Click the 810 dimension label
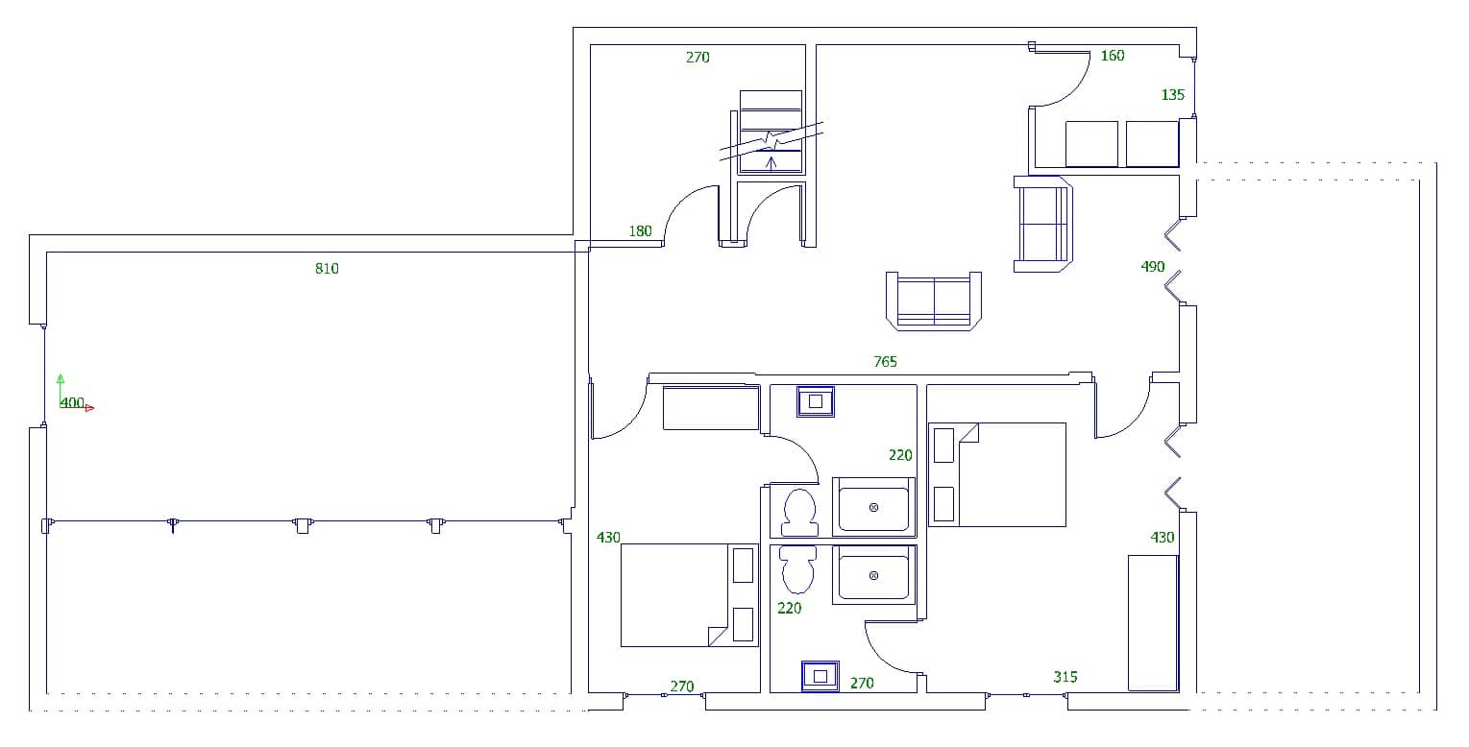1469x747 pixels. coord(327,269)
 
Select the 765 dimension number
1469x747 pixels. coord(885,362)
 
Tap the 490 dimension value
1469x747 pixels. coord(1153,267)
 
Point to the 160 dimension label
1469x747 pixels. coord(1112,56)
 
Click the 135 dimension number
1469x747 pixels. coord(1173,95)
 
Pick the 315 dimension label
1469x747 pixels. coord(1065,677)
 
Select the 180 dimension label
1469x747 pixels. coord(640,231)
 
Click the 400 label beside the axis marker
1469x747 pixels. coord(72,403)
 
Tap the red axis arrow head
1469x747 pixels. coord(90,408)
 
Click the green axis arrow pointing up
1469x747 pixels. coord(61,379)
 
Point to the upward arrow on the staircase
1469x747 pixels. coord(771,161)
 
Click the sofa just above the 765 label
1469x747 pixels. coord(934,301)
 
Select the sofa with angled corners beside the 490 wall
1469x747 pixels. coord(1043,224)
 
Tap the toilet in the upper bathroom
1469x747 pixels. coord(798,512)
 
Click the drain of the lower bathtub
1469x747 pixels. coord(873,575)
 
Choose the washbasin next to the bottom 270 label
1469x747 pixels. coord(820,676)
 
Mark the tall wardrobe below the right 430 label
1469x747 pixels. coord(1152,622)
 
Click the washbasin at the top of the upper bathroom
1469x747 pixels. coord(816,401)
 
